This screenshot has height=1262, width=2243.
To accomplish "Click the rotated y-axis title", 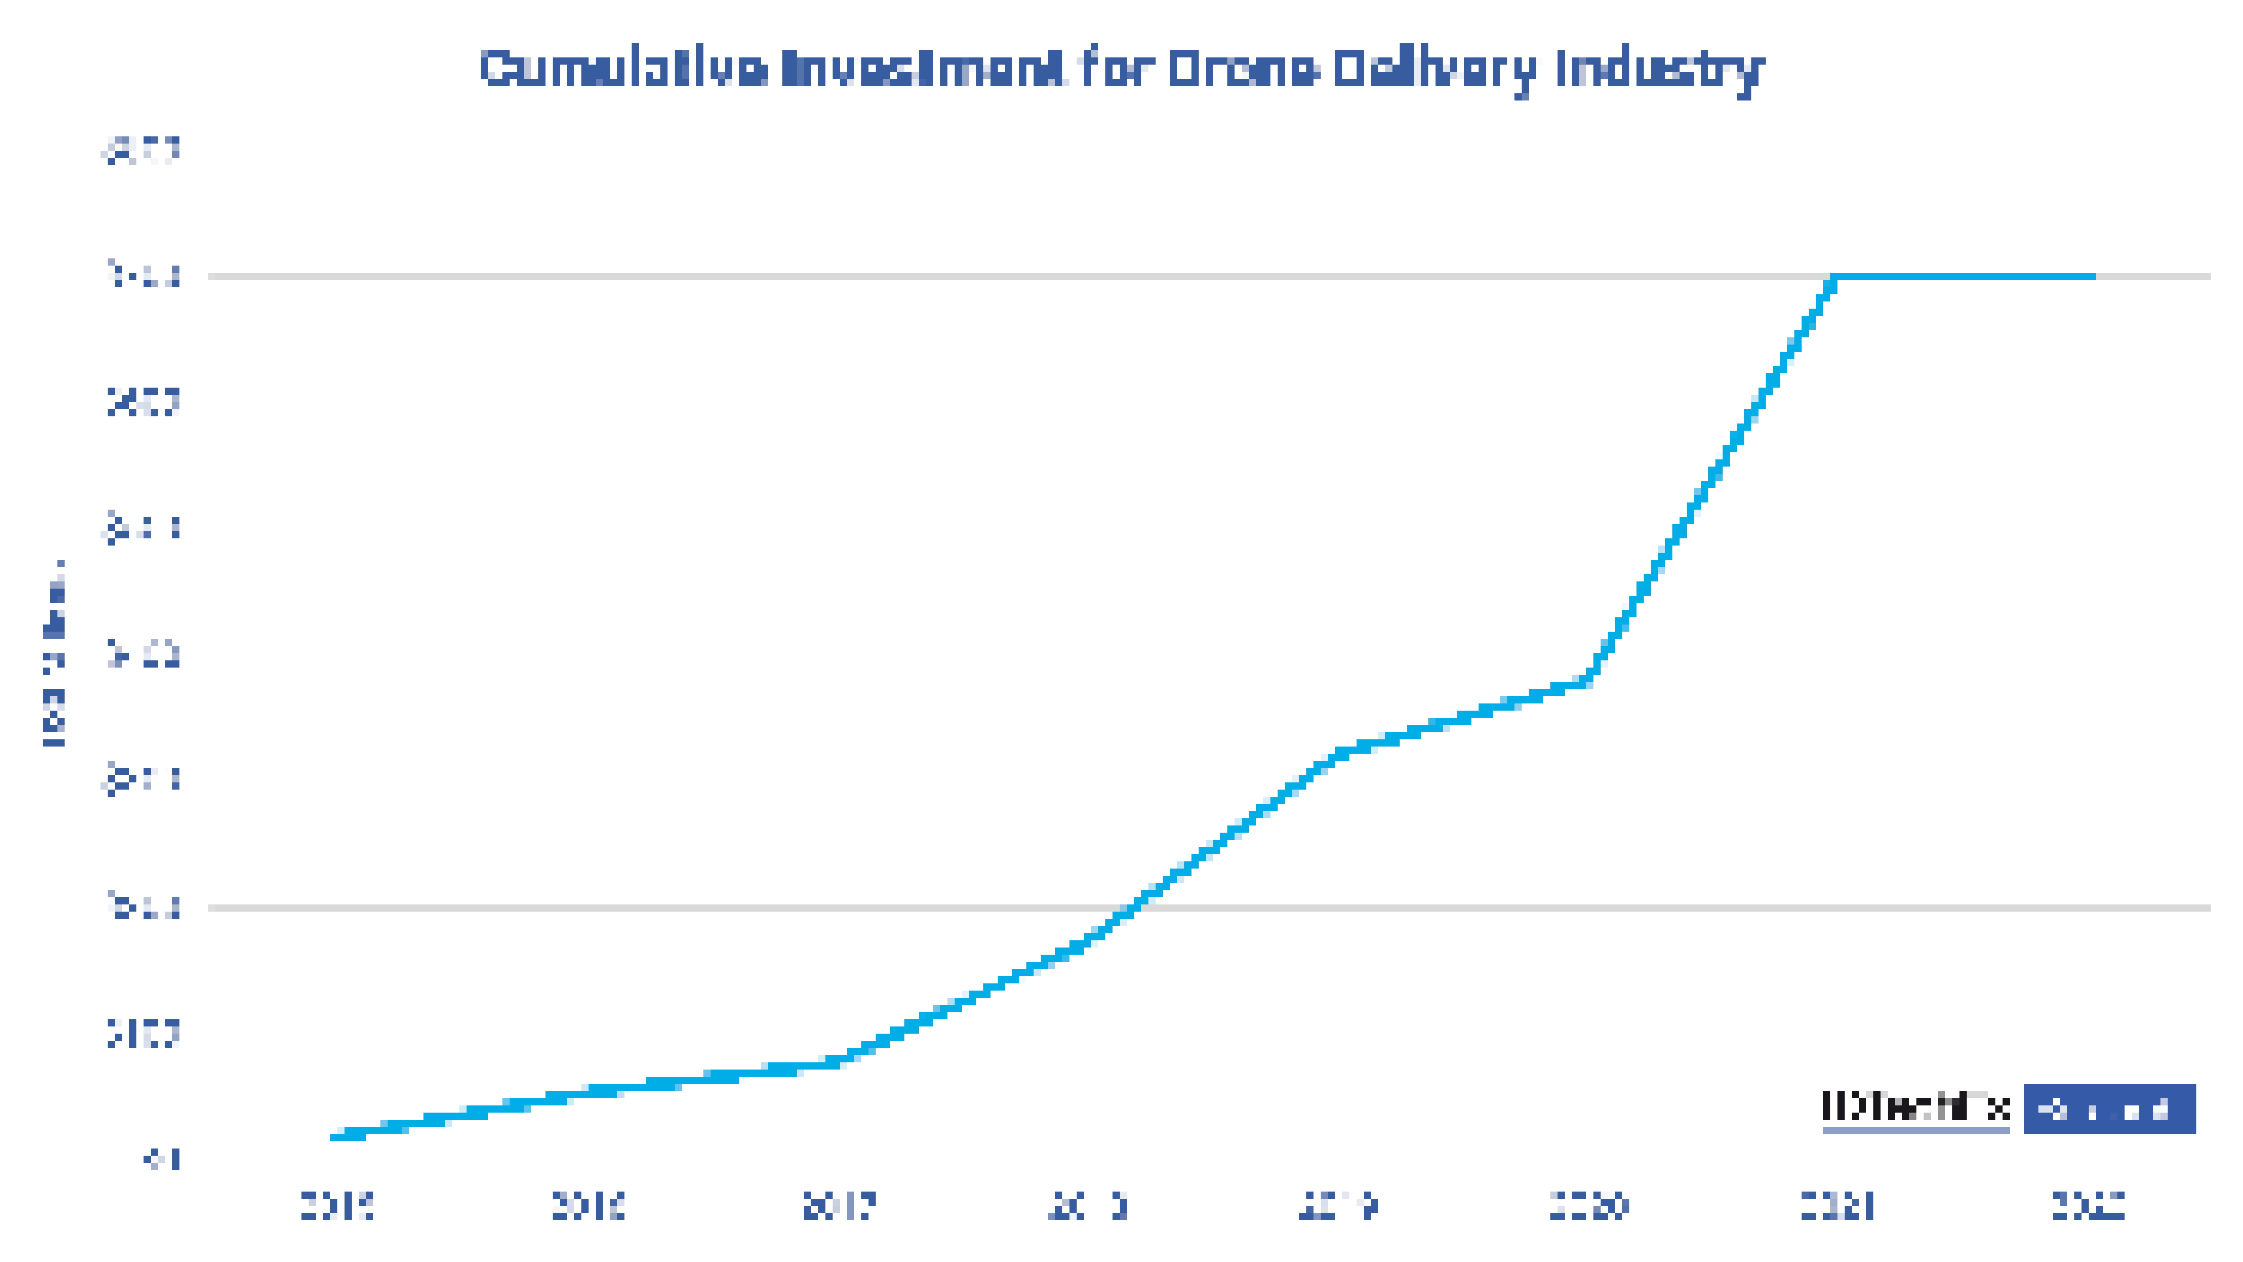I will (54, 653).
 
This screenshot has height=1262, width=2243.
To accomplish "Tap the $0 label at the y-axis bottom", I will (163, 1159).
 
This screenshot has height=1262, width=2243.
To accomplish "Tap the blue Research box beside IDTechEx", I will (2109, 1109).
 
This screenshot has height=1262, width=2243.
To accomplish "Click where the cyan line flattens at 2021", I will (1834, 277).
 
